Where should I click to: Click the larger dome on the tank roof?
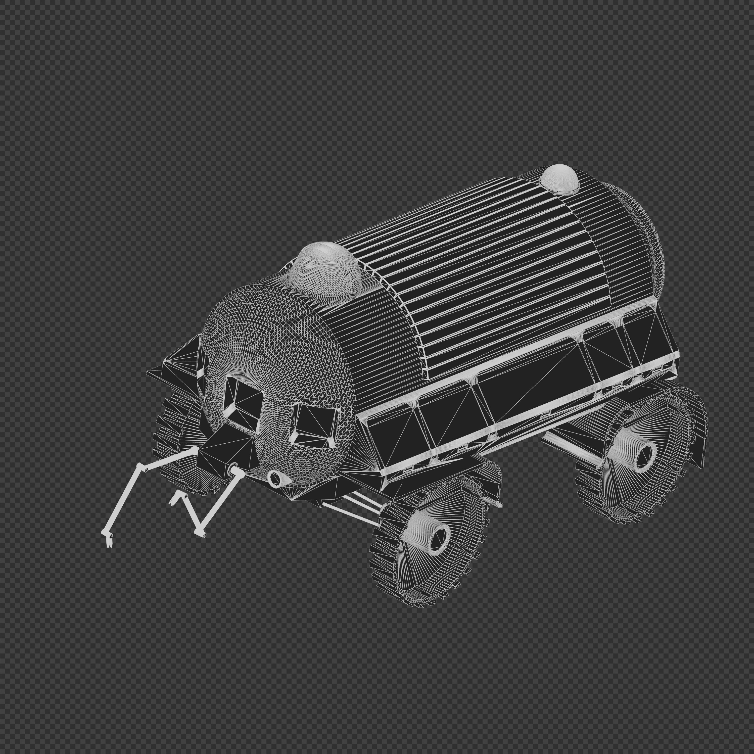coord(324,271)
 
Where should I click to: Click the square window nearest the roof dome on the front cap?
coord(243,404)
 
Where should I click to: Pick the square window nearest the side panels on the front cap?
coord(315,425)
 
